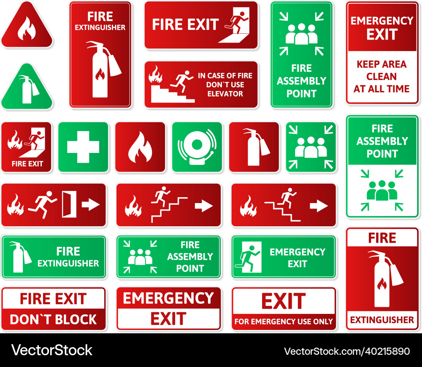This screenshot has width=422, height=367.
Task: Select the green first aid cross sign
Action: (83, 147)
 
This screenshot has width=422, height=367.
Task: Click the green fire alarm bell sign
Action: (197, 147)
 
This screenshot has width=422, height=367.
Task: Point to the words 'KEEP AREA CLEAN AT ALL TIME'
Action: (381, 77)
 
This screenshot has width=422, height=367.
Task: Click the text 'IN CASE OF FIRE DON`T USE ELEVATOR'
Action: (225, 85)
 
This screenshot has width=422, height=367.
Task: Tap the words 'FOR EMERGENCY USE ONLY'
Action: (284, 321)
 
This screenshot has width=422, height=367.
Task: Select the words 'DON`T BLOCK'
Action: (53, 319)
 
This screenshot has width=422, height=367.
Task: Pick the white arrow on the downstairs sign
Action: (319, 206)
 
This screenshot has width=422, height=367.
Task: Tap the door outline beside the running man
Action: (69, 204)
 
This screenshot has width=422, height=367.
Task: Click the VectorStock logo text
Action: (51, 350)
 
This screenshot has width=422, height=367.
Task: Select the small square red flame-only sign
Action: (140, 147)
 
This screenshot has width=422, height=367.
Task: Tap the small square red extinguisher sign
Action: (254, 147)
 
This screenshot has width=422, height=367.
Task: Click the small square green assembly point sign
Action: (311, 147)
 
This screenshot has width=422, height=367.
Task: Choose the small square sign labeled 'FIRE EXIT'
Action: (26, 147)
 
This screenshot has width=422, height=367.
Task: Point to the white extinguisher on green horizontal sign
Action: (19, 257)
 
